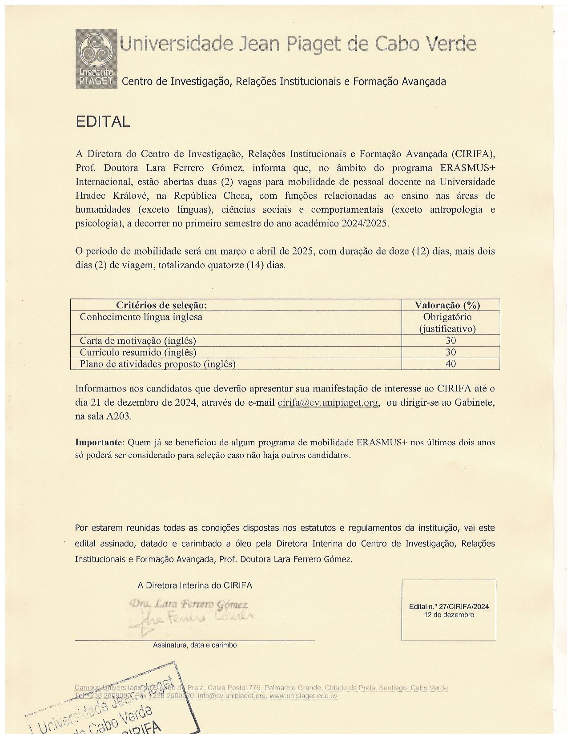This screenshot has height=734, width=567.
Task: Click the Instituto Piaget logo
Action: (96, 58)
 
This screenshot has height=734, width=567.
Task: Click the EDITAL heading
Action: (103, 122)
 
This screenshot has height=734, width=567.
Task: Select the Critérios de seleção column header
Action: (161, 305)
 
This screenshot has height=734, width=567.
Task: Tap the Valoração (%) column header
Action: (447, 305)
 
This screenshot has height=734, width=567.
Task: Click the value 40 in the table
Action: (450, 364)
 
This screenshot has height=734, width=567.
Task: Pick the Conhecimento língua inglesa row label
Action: (141, 317)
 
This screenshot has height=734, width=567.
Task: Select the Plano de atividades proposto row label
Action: (157, 364)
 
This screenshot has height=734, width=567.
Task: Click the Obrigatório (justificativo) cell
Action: (447, 323)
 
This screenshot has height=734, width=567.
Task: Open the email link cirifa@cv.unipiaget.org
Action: (328, 403)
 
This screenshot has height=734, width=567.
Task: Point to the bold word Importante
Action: (98, 443)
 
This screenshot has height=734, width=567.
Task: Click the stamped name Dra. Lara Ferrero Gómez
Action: (189, 605)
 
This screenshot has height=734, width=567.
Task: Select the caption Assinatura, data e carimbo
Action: (195, 645)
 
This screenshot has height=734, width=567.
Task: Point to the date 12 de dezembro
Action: (449, 615)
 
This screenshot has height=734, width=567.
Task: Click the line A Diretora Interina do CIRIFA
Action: (195, 585)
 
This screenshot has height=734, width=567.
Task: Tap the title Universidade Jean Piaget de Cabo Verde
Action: (298, 44)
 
